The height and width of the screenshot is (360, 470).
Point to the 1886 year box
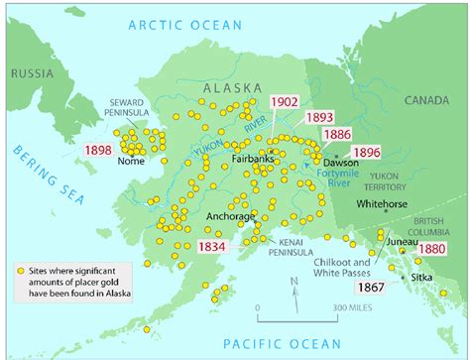pos(335,135)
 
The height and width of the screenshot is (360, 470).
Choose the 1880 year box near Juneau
pos(432,249)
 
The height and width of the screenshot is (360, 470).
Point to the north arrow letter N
pos(294,283)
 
